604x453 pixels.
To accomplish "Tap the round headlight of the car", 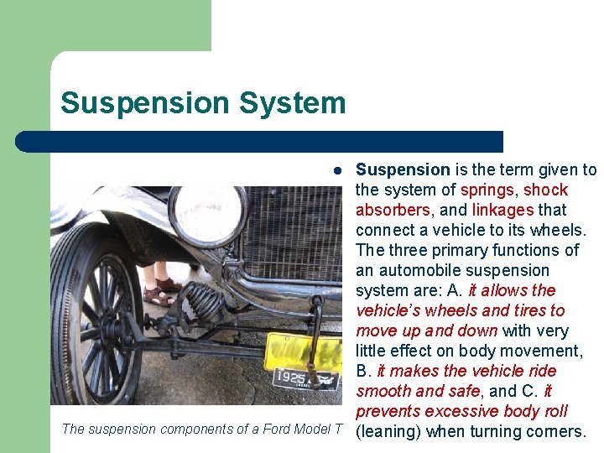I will (207, 215).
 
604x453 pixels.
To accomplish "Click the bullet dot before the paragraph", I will (336, 170).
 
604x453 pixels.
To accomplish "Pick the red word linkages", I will (502, 210).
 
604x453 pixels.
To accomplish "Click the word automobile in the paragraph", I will (435, 270).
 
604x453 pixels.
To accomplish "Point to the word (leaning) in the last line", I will (388, 432).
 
